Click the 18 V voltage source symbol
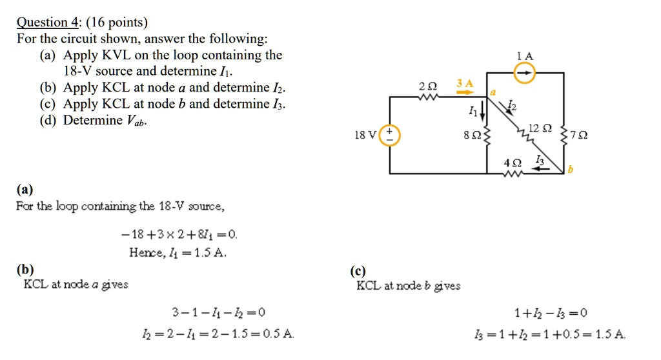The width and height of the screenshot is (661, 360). pos(391,135)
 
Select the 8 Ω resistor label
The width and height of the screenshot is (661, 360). pos(473,135)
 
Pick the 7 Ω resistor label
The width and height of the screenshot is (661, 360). pos(580,135)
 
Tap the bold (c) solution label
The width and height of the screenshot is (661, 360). pos(358,271)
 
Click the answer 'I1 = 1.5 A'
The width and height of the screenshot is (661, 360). pos(178,252)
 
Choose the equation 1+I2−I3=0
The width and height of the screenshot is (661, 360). pos(551,314)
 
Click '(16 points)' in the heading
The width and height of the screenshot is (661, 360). pos(116,23)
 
